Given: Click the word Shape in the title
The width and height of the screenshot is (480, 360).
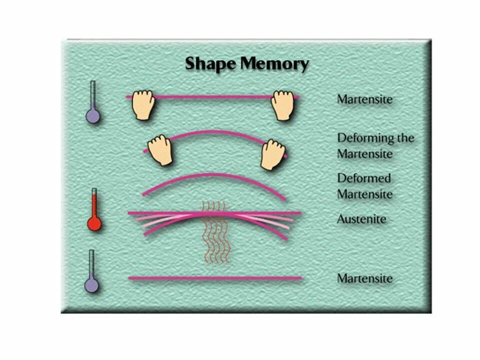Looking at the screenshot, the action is coord(210,64).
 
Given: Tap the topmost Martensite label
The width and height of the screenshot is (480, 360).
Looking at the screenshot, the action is coord(364,99).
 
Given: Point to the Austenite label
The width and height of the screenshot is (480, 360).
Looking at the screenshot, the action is coord(361,219).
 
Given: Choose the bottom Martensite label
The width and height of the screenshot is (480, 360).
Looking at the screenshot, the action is coord(364,278).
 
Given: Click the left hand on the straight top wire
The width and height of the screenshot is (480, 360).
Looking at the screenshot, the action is coord(142,105).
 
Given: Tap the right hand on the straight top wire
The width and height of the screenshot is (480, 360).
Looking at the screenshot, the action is coord(281,105).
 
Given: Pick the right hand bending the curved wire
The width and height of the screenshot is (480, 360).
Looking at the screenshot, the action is coord(272,154).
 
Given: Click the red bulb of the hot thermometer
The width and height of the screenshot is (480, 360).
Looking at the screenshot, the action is coord(93,224).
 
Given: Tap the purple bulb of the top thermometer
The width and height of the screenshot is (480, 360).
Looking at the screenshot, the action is coord(93,116).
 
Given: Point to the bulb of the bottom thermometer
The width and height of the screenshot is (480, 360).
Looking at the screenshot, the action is coord(92,285).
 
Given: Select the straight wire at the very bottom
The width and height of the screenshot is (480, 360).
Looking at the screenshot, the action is coord(215,278).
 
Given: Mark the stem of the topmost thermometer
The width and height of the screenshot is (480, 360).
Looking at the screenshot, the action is coord(93,95).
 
